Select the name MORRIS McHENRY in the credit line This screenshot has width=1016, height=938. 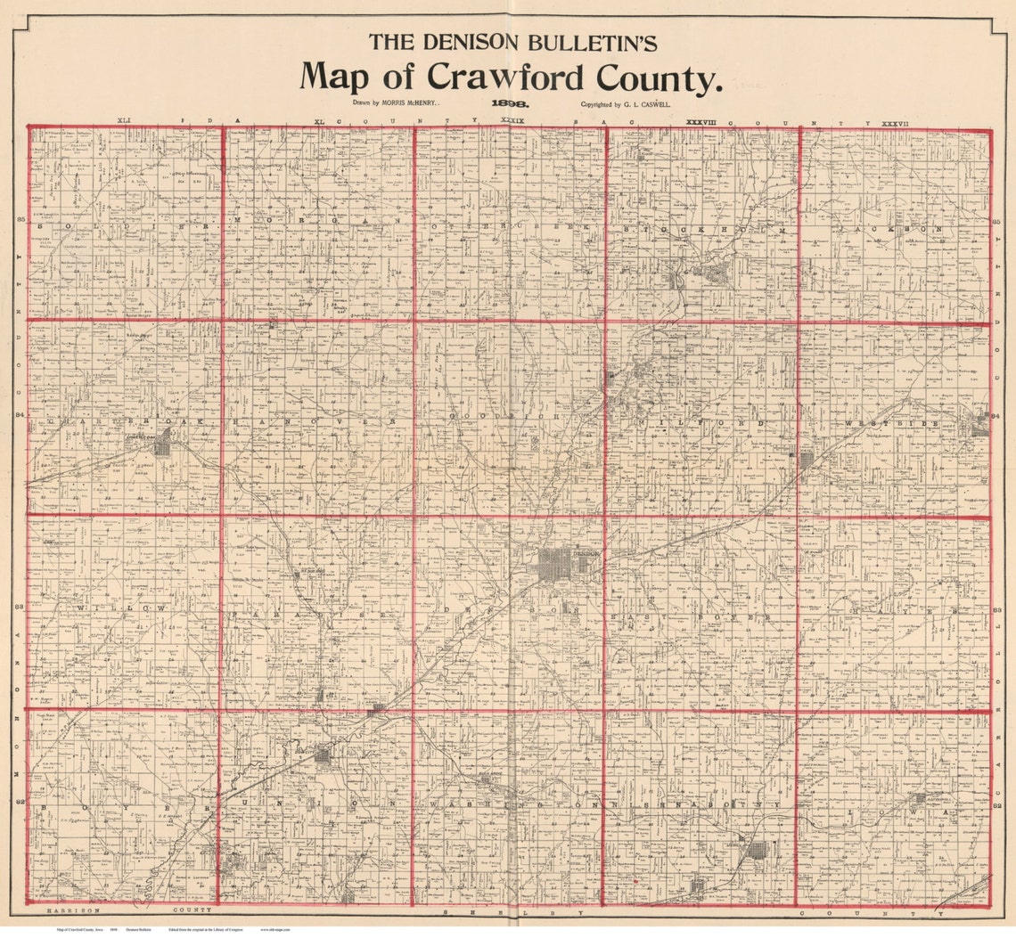coord(411,104)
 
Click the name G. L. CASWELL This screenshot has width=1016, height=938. coord(646,104)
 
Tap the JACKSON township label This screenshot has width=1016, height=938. coord(895,229)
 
